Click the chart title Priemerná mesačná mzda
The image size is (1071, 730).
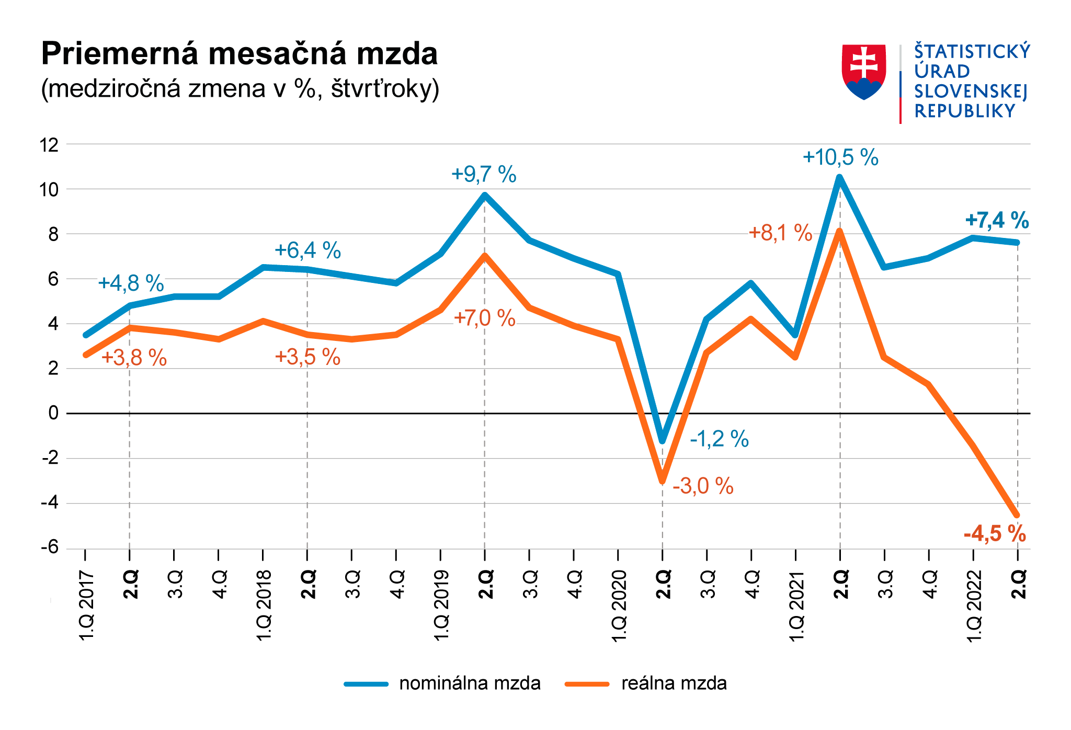[239, 54]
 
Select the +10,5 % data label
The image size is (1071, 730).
[840, 157]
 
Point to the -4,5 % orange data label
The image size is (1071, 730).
[994, 534]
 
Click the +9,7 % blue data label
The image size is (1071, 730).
[484, 175]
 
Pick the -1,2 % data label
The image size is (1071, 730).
[719, 439]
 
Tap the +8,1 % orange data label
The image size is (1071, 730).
[780, 233]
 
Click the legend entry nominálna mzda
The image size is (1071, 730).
[469, 683]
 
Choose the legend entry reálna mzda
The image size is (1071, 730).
[674, 683]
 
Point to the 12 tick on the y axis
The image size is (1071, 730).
[50, 145]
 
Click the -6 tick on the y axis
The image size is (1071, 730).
[50, 548]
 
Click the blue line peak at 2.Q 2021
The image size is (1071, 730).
[840, 178]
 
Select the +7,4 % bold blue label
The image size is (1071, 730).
[997, 221]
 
